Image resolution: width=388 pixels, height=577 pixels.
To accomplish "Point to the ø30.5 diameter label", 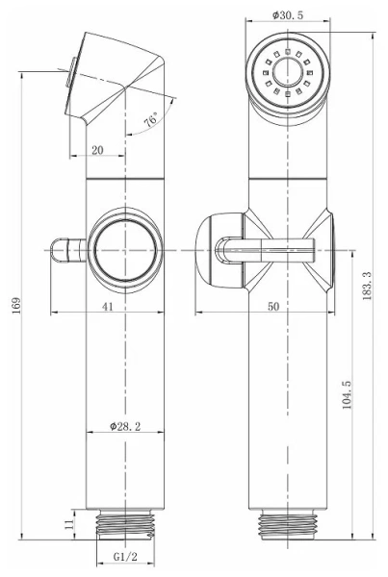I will [x=288, y=15].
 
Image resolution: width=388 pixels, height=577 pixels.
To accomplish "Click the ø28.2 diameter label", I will [x=126, y=425].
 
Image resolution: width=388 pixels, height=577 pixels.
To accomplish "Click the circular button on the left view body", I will [x=125, y=249].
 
